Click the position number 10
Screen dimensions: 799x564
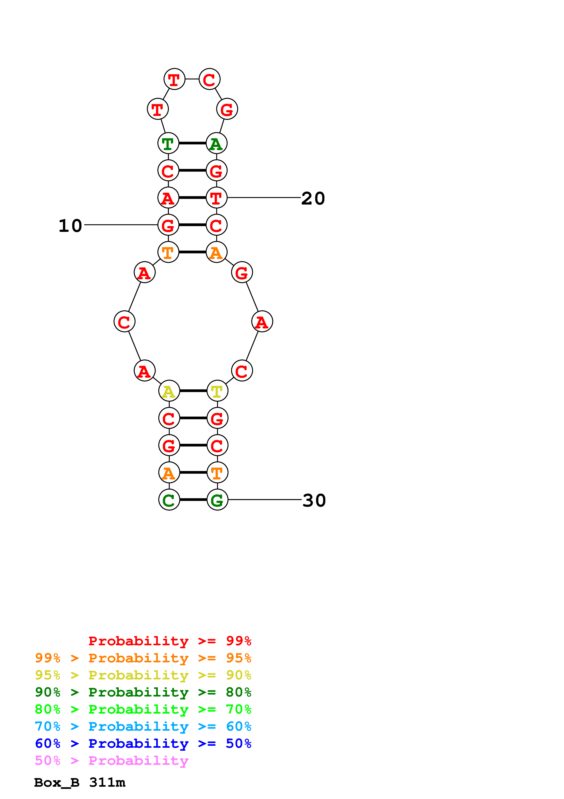coord(70,226)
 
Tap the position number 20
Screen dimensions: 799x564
coord(313,199)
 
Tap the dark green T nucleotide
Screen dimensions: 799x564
coord(168,143)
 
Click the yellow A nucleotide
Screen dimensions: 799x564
coord(169,391)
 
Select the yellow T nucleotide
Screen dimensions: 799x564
coord(217,391)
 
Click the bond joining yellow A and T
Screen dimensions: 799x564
coord(193,391)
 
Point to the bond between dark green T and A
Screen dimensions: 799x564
coord(192,143)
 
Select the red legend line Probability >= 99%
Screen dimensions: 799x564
coord(169,641)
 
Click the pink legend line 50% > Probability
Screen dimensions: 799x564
coord(111,761)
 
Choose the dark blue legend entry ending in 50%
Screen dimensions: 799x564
coord(143,744)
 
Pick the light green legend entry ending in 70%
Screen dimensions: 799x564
coord(143,709)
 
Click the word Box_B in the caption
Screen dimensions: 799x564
coord(57,783)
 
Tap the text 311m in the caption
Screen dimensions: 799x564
coord(107,783)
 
